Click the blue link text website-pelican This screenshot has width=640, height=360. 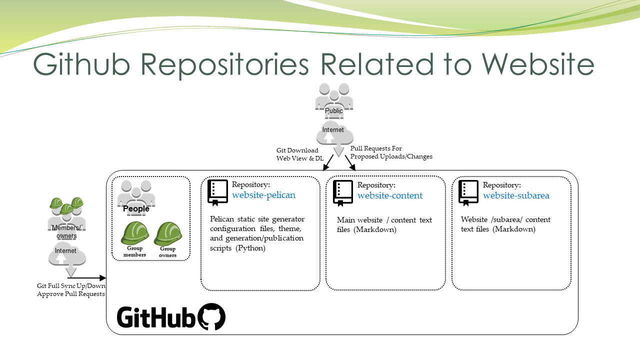tap(263, 195)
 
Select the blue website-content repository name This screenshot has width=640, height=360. tap(390, 195)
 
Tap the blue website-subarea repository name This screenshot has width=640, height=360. tap(516, 195)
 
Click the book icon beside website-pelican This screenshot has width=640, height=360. tap(217, 193)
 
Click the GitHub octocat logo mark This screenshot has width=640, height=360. tap(211, 316)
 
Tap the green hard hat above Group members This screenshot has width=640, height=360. tap(135, 233)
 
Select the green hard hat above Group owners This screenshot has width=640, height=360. tap(168, 233)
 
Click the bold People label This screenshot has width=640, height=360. tap(136, 209)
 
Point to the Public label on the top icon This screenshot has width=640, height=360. tap(333, 111)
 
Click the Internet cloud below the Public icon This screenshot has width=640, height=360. tap(335, 133)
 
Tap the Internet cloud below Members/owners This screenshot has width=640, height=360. tap(67, 254)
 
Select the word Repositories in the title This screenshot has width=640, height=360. tap(224, 65)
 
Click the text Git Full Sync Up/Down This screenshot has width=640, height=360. tap(71, 286)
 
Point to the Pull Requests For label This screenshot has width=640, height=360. tap(376, 148)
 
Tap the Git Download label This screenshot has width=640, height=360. tap(297, 150)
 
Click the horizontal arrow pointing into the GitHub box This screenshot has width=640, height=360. tap(87, 277)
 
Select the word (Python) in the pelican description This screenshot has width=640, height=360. tap(250, 248)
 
